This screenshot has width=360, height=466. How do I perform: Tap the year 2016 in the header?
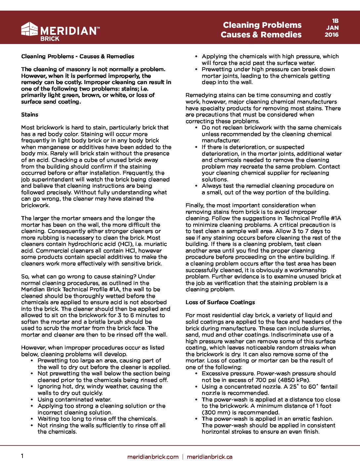(332, 35)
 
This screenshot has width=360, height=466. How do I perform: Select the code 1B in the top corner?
(335, 21)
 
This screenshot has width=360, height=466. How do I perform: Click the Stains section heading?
(30, 115)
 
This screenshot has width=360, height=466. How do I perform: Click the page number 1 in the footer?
(22, 456)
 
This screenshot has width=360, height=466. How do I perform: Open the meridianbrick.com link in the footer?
(153, 457)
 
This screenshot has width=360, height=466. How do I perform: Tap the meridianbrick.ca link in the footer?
(209, 457)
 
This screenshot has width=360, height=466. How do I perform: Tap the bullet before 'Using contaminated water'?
(32, 399)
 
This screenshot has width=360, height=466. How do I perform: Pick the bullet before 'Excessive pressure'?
(196, 373)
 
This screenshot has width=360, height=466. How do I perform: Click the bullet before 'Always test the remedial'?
(196, 186)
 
